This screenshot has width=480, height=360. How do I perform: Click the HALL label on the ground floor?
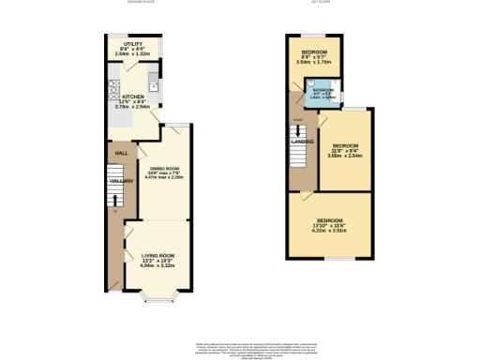[121, 153]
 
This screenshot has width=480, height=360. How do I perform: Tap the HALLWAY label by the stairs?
[121, 180]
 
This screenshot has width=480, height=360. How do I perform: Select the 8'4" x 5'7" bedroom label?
[314, 52]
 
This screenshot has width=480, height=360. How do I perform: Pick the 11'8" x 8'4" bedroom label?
[345, 146]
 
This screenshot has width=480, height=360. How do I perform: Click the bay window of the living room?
[156, 299]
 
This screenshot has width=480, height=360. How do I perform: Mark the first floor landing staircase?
[299, 156]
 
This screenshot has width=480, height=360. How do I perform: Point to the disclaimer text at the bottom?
[240, 349]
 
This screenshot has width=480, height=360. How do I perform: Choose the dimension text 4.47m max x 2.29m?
[163, 176]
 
